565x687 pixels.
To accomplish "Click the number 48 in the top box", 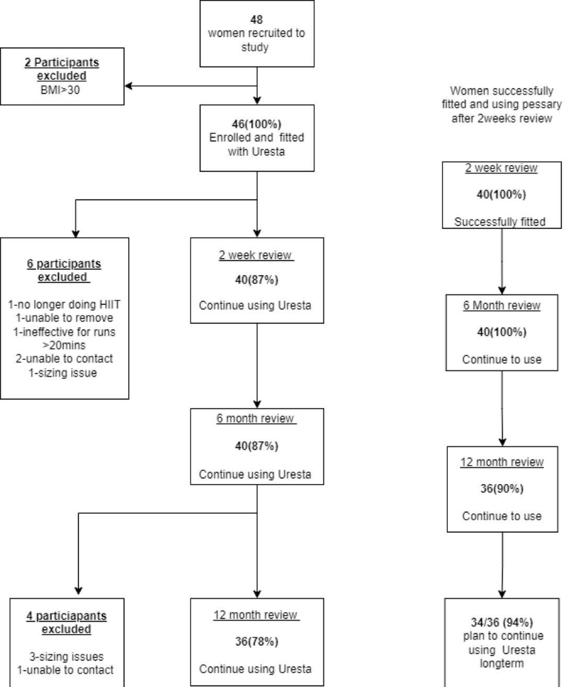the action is pos(256,19).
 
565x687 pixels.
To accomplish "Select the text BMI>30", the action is pos(60,89).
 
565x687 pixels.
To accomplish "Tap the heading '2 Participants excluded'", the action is pos(62,68).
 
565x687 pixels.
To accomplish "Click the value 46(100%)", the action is pos(256,124).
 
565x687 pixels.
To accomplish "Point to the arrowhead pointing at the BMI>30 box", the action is pos(128,86).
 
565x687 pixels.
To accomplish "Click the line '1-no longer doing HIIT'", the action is pos(64,305).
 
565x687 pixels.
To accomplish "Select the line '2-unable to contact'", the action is pos(64,359).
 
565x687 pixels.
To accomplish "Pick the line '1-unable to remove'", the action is pos(64,317).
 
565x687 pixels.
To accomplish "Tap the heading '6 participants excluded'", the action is pos(64,270).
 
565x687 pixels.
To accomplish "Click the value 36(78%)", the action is pos(256,642).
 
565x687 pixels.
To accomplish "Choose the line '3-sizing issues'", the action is pos(66,656).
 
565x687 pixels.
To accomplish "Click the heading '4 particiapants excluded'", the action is pos(66,622).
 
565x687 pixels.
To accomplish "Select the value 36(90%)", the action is pos(502,488).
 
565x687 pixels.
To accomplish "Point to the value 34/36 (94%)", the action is pos(502,623).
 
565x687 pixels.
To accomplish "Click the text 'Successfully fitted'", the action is pos(500,222).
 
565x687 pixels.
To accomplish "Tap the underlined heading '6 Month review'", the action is pos(502,305).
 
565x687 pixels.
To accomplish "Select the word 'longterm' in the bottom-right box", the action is pos(502,663).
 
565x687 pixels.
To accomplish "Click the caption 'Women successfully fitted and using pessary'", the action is pos(502,97).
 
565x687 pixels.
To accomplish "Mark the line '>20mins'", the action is pos(64,345).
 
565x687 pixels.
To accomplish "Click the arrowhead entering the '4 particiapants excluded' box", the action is pos(78,591).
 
